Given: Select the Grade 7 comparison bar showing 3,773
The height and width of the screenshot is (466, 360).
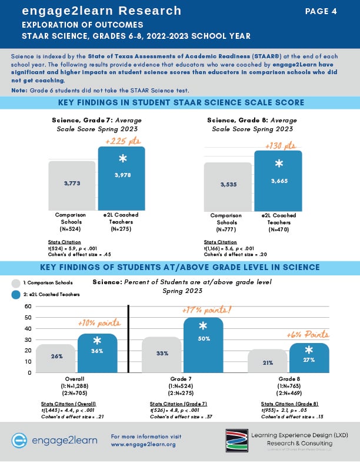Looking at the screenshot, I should point(71,184).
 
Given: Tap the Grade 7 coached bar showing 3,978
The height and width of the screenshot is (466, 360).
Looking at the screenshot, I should point(121,177).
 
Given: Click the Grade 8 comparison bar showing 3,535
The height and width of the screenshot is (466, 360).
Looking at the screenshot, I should point(228,185).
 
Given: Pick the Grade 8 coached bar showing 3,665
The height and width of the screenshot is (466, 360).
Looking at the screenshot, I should point(278,179).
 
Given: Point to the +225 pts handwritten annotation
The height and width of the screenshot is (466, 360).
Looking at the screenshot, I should point(121,141).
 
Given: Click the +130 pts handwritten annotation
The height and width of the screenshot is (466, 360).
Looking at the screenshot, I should point(278,145).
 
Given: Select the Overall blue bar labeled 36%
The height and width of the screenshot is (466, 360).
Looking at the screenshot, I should point(97,353).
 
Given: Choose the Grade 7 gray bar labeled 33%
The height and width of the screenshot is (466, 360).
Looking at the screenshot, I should point(162,354).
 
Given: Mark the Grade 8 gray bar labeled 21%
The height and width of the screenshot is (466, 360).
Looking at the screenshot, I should point(268,361).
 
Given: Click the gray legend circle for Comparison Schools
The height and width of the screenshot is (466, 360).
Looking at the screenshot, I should point(16,283).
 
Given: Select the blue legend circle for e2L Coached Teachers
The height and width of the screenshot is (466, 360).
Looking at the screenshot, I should point(16,294).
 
